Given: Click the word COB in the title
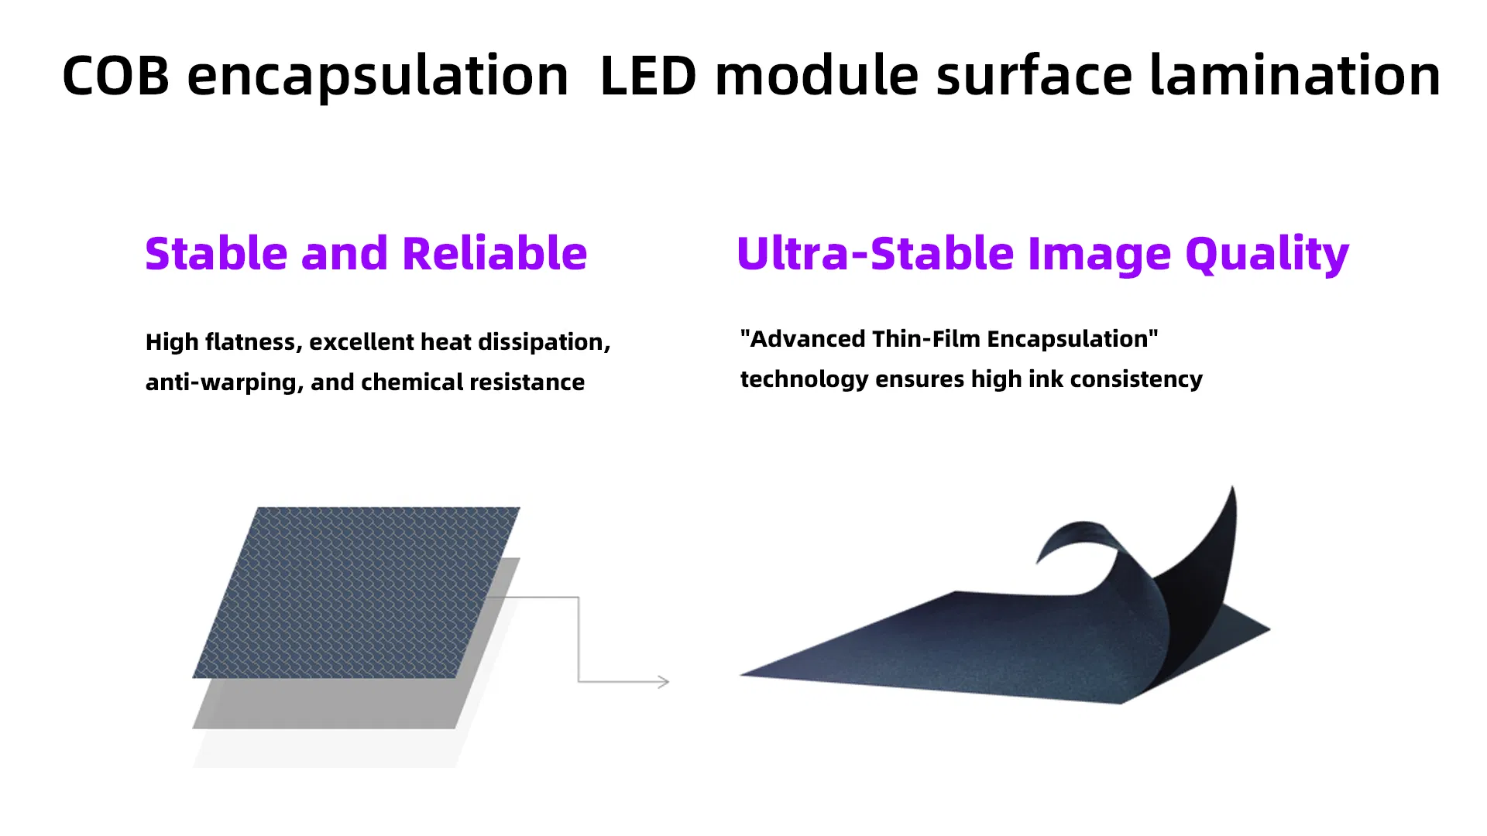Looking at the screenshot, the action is click(115, 76).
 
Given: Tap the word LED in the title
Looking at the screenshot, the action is click(648, 76).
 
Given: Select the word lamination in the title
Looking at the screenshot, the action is click(1295, 75).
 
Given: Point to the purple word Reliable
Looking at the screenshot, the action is click(495, 253).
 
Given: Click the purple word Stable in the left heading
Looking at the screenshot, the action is click(216, 253).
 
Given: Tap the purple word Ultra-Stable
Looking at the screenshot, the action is click(875, 253).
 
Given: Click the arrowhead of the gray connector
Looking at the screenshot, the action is click(665, 682).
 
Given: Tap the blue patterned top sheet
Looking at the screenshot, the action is click(356, 592).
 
